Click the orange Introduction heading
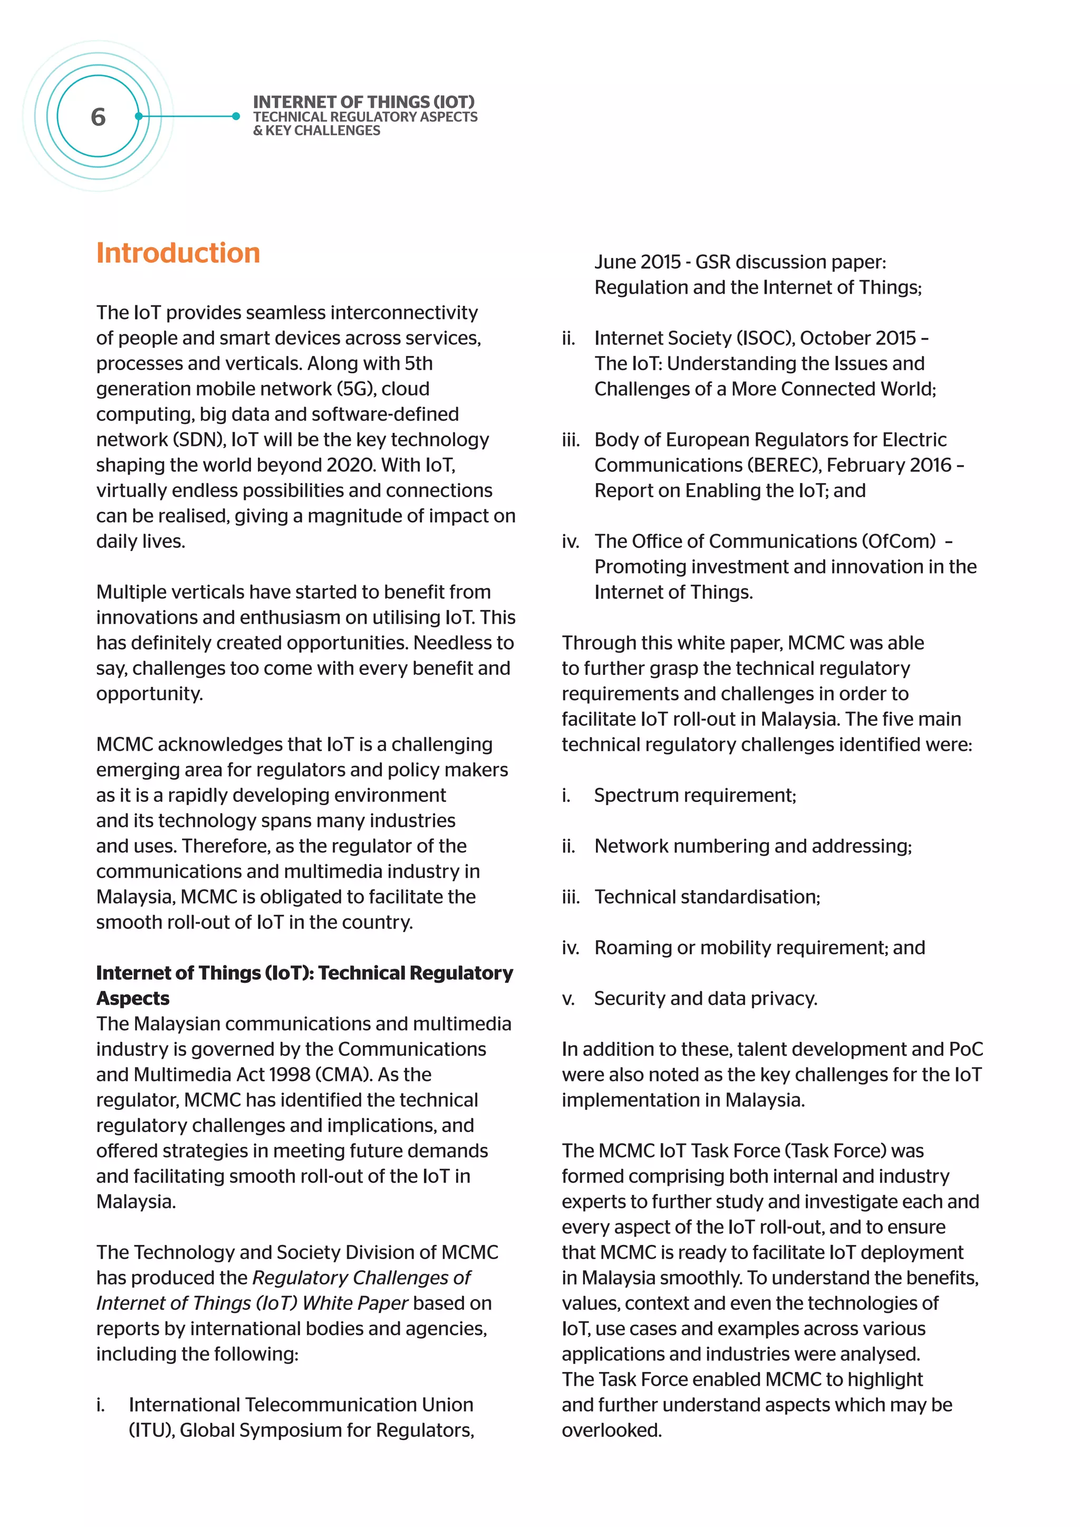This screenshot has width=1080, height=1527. coord(178,254)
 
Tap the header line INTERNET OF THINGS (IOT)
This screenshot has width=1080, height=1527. coord(364,102)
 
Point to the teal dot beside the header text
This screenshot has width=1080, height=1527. coord(236,117)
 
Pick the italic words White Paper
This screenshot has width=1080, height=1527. coord(354,1303)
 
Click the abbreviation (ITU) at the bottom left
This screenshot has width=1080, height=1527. coord(151,1430)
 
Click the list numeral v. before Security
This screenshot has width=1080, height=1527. coord(568,999)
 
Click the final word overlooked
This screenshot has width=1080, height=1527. coord(611,1430)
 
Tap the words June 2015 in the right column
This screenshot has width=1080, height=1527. coord(637,262)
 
